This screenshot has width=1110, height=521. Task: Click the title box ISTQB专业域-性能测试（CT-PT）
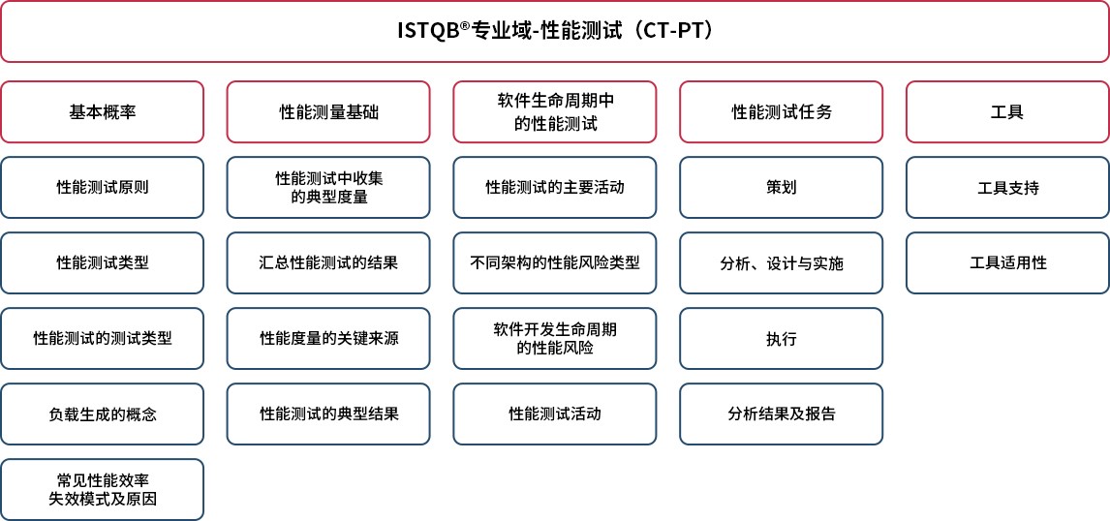555,32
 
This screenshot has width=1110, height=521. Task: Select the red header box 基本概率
102,111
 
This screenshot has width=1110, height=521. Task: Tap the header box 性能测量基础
328,111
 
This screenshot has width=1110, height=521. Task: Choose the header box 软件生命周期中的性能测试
555,111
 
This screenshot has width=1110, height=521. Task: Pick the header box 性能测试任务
782,111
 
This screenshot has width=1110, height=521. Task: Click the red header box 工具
1008,111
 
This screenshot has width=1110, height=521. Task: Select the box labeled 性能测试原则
102,188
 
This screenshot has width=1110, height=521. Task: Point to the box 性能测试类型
102,263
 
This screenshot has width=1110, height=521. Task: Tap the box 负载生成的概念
102,414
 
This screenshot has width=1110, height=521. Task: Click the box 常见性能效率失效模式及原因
102,490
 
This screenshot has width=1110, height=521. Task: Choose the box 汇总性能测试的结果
328,263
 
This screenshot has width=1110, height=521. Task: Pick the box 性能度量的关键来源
328,338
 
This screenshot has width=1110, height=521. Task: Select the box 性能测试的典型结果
328,414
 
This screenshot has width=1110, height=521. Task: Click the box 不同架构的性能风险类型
555,263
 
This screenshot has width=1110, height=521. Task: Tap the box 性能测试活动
555,414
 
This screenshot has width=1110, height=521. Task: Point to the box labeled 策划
782,188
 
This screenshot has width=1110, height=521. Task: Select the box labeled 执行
782,338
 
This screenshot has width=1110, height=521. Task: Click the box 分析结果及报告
782,414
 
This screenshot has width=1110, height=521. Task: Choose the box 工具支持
1008,188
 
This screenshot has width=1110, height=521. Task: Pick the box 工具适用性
1008,263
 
